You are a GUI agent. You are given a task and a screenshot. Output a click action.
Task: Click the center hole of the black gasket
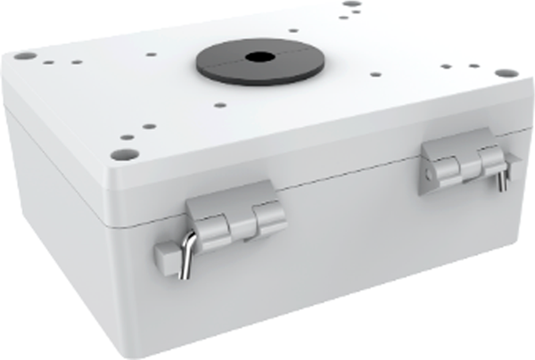click(x=259, y=56)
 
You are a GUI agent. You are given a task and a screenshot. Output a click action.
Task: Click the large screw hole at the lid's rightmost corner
click(x=506, y=72)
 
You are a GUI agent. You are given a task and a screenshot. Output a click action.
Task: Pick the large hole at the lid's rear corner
click(x=351, y=4)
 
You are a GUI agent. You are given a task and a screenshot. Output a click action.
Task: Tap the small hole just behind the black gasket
click(x=295, y=26)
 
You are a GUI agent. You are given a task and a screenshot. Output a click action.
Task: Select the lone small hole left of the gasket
click(x=152, y=54)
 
